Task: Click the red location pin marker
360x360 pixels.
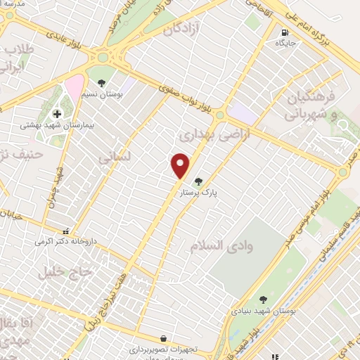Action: coord(181,165)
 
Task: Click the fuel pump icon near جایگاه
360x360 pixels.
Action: coord(284,32)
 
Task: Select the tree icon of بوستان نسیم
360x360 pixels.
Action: coord(102,83)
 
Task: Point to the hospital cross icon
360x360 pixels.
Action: coord(57,114)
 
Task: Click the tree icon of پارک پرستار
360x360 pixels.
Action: coord(198,181)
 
